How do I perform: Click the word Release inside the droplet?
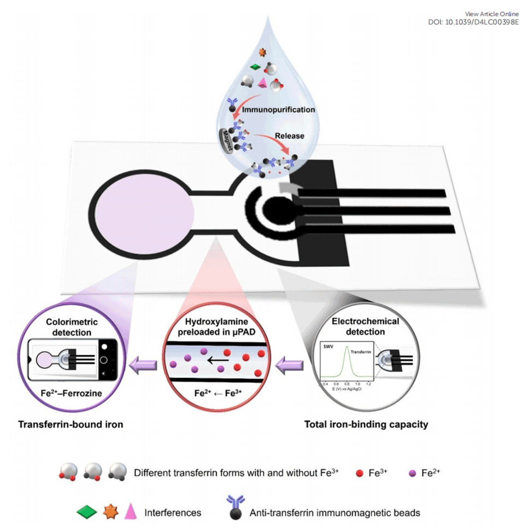coord(289,136)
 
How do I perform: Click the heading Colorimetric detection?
coord(69,327)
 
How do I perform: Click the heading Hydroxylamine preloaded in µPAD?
coord(218,327)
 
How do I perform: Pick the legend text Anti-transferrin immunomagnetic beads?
coord(335,513)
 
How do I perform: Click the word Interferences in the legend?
coord(173,513)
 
